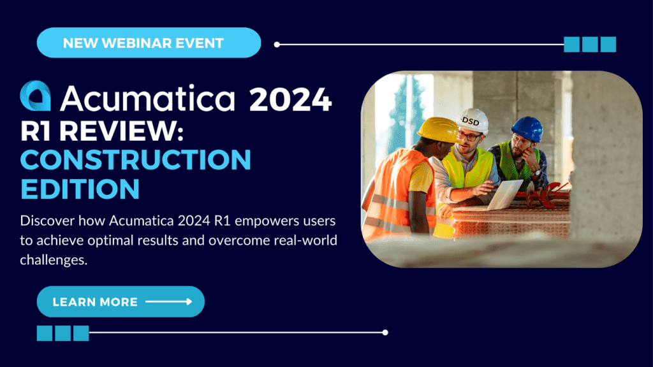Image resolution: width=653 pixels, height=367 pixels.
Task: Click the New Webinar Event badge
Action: (x=149, y=43)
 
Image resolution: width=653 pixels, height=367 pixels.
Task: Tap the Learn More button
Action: (x=121, y=301)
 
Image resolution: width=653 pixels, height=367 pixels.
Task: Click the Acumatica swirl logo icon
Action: (x=36, y=96)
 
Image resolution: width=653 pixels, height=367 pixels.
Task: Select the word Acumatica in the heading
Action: (x=148, y=98)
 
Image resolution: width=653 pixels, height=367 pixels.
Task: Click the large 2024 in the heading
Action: (x=290, y=99)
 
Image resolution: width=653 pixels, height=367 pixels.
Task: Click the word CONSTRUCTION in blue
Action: (x=135, y=159)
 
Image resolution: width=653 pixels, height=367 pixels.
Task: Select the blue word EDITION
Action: (x=80, y=189)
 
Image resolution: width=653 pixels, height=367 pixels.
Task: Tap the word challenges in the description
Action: (x=54, y=260)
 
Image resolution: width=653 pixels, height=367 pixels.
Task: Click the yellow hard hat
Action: (x=438, y=130)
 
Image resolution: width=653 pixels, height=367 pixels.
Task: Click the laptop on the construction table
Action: (x=504, y=194)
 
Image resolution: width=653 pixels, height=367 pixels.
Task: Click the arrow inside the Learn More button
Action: (x=168, y=301)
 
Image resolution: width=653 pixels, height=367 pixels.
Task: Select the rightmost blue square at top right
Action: (x=608, y=45)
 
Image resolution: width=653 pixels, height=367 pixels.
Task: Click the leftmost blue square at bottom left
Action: (x=45, y=333)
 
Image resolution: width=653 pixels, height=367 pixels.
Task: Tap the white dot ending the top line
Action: (x=277, y=45)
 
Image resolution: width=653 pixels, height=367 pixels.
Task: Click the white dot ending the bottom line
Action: (x=385, y=333)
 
